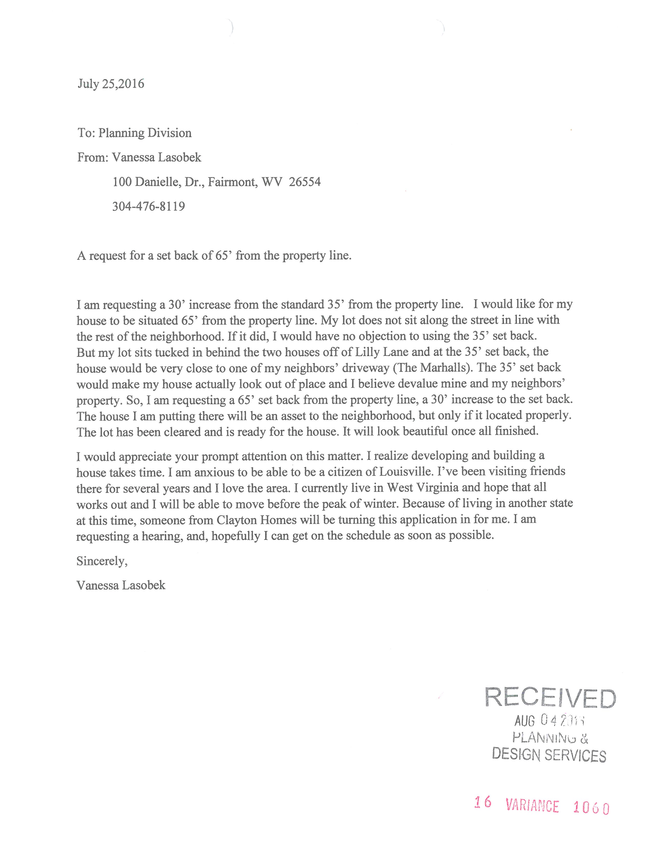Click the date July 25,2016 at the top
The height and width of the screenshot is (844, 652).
[111, 84]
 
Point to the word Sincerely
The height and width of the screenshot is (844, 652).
[102, 561]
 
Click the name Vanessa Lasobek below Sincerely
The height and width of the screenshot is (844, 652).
[121, 585]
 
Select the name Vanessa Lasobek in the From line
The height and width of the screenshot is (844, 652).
[156, 157]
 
